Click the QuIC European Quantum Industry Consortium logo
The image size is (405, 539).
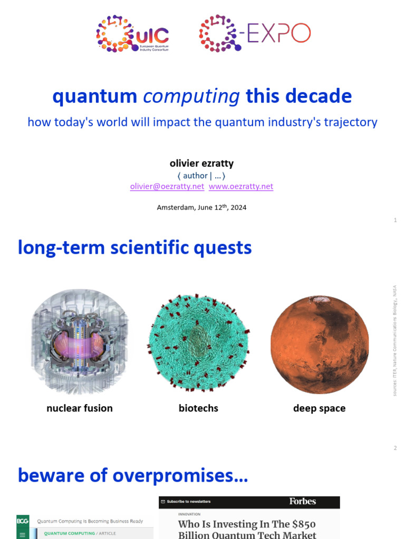point(132,34)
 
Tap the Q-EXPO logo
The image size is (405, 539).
point(255,34)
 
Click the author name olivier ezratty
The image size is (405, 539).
point(201,164)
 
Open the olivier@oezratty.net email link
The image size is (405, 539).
point(167,186)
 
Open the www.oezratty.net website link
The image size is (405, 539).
point(241,186)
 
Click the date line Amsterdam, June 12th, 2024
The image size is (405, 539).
point(201,207)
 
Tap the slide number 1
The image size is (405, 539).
point(395,220)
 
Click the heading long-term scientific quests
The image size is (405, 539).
point(134,247)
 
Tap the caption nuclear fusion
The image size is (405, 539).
point(80,408)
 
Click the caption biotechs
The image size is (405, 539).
point(198,408)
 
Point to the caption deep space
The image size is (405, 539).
point(319,408)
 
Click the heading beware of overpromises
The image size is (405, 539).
point(133,475)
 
